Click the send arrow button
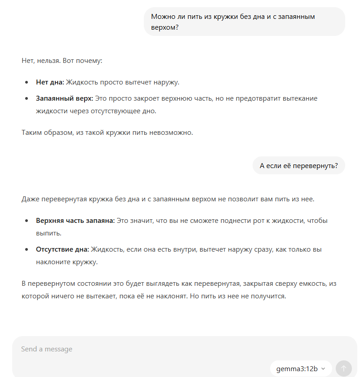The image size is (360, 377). coord(344,368)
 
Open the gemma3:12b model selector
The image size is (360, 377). coord(301,368)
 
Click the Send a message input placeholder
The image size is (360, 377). coord(47,349)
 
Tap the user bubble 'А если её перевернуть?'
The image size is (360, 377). coord(299,165)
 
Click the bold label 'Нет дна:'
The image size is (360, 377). coord(50,82)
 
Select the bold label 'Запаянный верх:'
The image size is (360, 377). coord(65,98)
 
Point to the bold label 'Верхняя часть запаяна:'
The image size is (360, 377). coord(76,221)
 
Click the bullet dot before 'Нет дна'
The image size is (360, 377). coord(27,83)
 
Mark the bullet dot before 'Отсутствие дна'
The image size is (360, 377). coord(27,250)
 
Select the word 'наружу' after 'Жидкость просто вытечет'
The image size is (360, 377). coord(166,82)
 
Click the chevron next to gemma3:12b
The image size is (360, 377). coord(323,368)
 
